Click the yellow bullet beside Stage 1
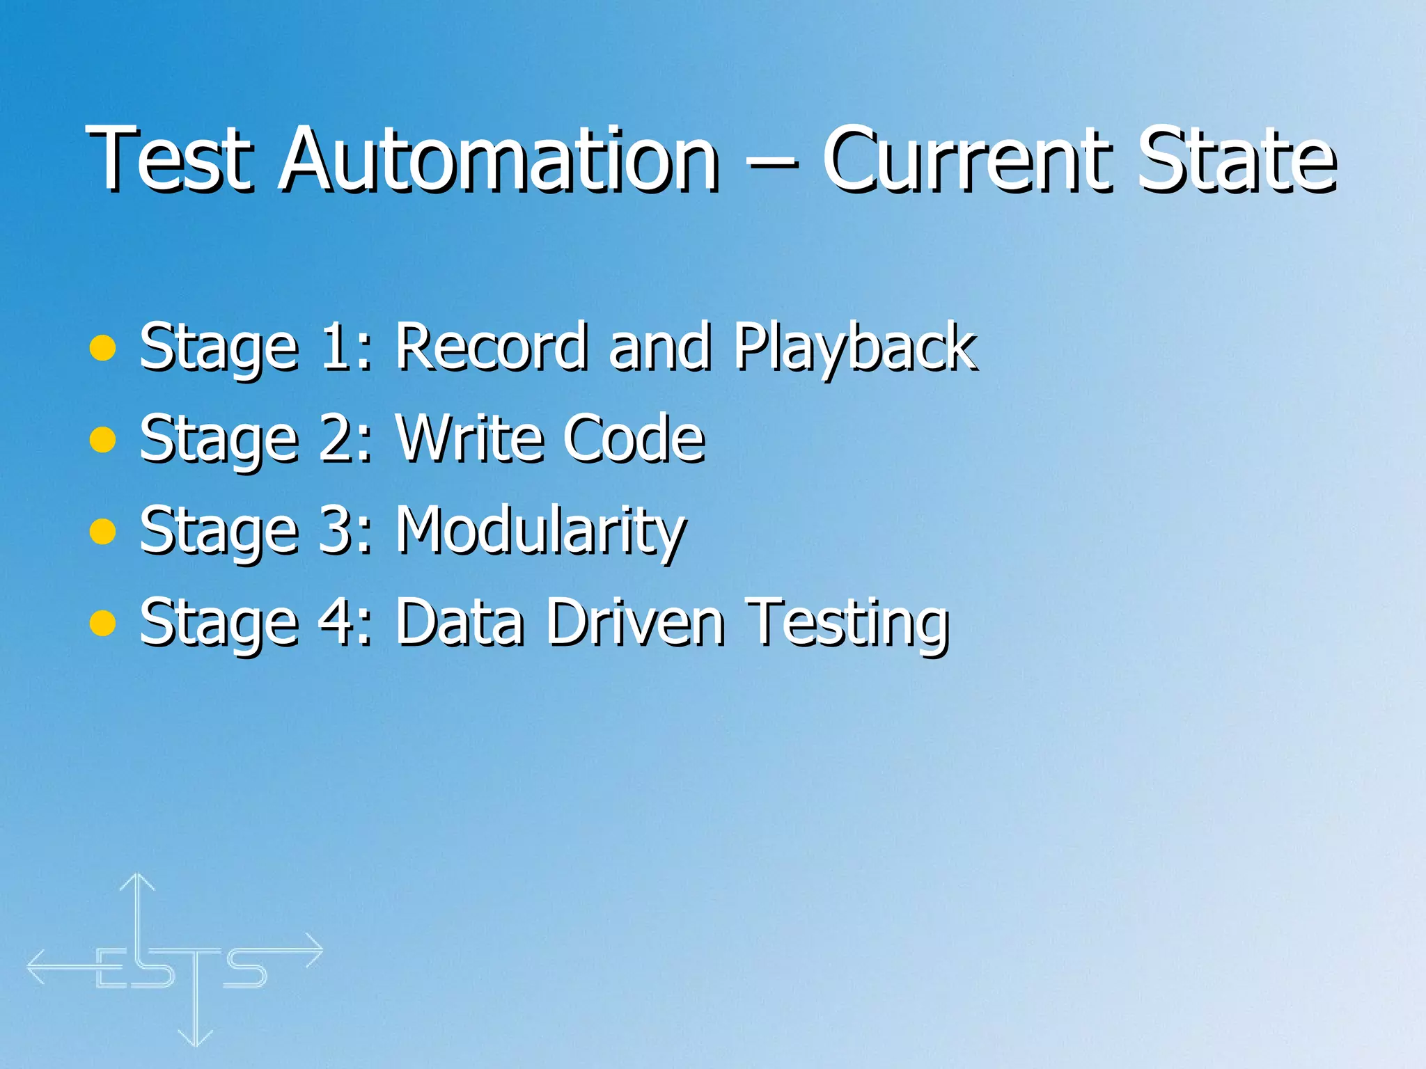(x=102, y=348)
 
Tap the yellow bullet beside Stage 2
(x=102, y=440)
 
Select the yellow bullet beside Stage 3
(x=102, y=532)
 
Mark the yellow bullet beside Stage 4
(x=102, y=624)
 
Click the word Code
(x=634, y=438)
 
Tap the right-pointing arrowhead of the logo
(x=315, y=950)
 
